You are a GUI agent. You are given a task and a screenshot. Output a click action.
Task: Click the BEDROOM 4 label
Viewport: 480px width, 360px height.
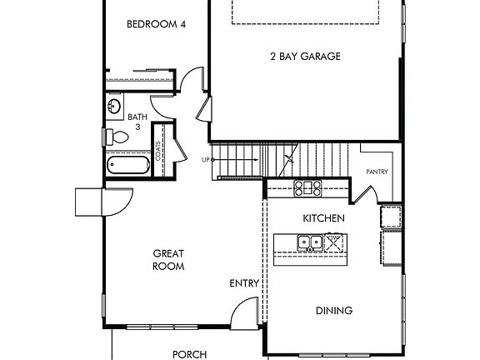156,25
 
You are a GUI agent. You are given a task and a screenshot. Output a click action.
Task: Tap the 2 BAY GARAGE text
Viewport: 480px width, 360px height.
305,57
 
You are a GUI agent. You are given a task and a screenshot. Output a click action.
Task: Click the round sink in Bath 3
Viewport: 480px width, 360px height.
114,106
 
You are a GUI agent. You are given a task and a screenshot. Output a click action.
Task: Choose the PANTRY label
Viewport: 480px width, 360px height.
377,172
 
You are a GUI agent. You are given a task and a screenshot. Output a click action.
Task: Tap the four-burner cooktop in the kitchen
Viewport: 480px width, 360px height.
308,188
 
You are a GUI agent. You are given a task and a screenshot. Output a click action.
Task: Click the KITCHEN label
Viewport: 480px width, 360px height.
323,217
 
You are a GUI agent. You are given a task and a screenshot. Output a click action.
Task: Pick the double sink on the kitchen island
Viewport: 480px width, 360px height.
311,243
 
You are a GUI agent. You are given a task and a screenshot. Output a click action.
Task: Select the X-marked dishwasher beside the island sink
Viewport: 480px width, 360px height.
334,242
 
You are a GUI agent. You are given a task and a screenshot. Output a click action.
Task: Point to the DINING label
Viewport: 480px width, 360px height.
333,311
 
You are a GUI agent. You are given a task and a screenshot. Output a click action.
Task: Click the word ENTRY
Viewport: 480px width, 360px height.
244,283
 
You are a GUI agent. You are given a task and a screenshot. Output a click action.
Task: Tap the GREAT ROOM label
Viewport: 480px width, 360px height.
168,259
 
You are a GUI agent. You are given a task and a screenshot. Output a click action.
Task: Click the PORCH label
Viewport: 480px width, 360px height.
189,353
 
